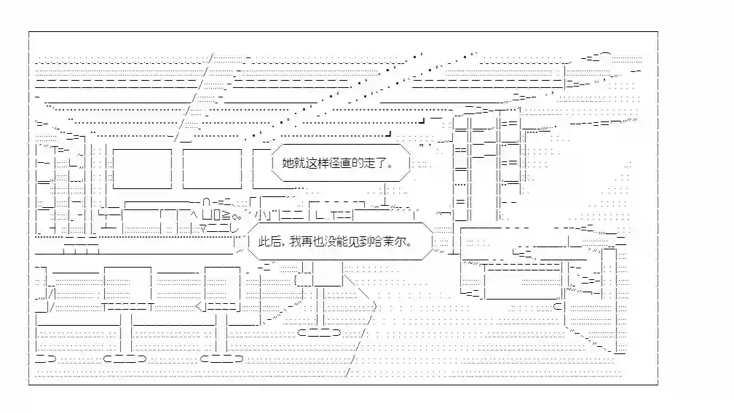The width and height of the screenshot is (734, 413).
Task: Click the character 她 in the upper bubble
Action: pyautogui.click(x=288, y=163)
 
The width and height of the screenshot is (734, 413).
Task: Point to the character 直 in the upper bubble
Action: pyautogui.click(x=346, y=163)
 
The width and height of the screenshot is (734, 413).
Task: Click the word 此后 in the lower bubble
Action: pyautogui.click(x=269, y=241)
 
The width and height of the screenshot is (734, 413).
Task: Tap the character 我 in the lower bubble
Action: pyautogui.click(x=296, y=241)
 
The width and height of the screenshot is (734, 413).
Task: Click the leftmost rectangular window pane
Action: pyautogui.click(x=142, y=169)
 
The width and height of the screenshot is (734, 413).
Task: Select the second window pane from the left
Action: pyautogui.click(x=212, y=169)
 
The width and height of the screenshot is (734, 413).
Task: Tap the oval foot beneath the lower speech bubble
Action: pyautogui.click(x=320, y=332)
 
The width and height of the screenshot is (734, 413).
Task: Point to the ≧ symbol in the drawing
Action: pyautogui.click(x=226, y=215)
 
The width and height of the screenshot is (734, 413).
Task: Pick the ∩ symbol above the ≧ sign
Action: pyautogui.click(x=206, y=202)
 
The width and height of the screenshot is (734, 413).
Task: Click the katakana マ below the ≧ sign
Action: pyautogui.click(x=204, y=229)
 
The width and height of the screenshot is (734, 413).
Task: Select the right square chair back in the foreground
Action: pyautogui.click(x=222, y=284)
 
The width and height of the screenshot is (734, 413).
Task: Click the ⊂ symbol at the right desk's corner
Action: pyautogui.click(x=557, y=307)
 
